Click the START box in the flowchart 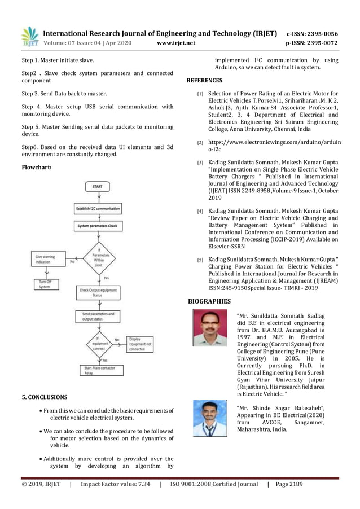tap(98, 186)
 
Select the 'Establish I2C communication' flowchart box tap(98, 208)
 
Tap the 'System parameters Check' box tap(98, 227)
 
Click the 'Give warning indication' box tap(48, 260)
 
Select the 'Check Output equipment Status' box tap(98, 293)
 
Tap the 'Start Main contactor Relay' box tap(98, 371)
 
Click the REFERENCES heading tap(204, 81)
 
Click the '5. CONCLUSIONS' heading tap(44, 397)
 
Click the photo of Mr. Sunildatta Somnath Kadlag tap(209, 329)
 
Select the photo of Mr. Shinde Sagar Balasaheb tap(209, 418)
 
